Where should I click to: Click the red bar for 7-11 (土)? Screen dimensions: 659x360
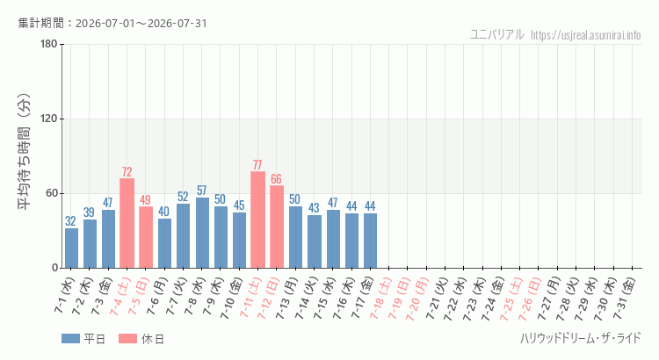click(x=257, y=220)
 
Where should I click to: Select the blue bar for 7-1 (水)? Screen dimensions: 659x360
click(x=71, y=248)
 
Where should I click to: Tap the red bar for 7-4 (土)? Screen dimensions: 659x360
click(x=127, y=223)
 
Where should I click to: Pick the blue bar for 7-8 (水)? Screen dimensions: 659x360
click(x=202, y=233)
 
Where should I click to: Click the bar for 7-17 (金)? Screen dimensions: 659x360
click(x=370, y=241)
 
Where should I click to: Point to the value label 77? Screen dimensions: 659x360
click(x=257, y=165)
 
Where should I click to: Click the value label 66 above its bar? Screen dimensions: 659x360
click(x=276, y=179)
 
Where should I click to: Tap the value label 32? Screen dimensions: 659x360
click(x=70, y=221)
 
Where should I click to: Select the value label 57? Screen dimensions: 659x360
click(x=202, y=191)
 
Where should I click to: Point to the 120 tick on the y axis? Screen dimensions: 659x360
click(x=48, y=119)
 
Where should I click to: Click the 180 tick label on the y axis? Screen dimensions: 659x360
click(x=48, y=44)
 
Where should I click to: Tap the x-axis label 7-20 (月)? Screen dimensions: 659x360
click(x=416, y=299)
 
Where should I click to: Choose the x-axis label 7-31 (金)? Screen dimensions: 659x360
click(x=624, y=299)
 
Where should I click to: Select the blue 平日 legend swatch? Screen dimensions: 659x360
click(x=70, y=339)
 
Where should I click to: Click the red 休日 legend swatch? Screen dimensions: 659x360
click(x=127, y=339)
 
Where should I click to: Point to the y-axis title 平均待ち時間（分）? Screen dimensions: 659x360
click(x=24, y=152)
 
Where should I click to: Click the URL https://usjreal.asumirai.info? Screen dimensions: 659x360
click(x=586, y=35)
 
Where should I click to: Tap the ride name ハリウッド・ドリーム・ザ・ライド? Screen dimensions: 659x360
click(x=581, y=338)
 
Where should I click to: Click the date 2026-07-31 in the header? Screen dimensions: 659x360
click(x=177, y=23)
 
